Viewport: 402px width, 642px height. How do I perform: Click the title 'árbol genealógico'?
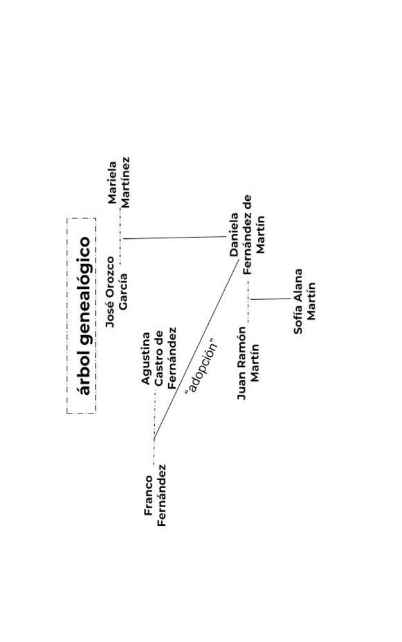[x=82, y=316]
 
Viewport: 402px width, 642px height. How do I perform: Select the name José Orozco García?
[x=117, y=292]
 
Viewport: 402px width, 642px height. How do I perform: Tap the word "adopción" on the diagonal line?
[x=201, y=369]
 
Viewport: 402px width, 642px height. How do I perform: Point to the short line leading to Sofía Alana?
[x=270, y=299]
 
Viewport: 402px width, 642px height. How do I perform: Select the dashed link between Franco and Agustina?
[x=154, y=427]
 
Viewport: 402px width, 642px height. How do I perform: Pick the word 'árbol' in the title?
[x=82, y=375]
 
